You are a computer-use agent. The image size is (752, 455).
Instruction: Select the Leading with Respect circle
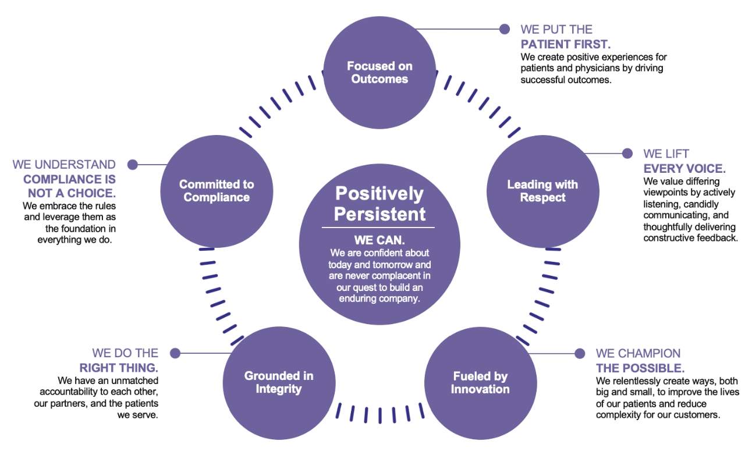[542, 191]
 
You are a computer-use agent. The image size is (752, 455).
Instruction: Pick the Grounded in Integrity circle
[279, 382]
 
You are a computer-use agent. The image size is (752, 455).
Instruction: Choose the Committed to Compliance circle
[217, 191]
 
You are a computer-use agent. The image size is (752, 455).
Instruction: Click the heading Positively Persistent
[379, 203]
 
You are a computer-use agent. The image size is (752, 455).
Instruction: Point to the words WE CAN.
[379, 240]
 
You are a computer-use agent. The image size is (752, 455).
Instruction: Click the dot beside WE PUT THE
[505, 29]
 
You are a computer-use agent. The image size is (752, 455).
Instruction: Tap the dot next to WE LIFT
[627, 154]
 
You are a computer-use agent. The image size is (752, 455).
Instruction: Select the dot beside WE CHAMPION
[580, 353]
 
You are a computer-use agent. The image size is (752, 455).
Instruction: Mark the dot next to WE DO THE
[175, 353]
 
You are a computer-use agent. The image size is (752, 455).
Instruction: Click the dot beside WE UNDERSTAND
[132, 165]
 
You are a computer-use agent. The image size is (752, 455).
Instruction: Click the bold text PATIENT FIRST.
[565, 45]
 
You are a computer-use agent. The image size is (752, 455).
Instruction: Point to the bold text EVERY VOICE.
[684, 169]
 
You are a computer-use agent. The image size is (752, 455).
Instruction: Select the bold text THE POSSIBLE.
[640, 368]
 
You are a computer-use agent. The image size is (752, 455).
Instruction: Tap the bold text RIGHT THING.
[119, 368]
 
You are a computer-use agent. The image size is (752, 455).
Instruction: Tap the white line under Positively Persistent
[379, 227]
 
